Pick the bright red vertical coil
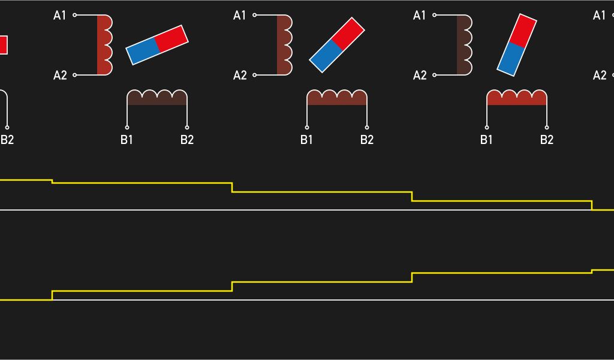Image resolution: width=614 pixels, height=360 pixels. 104,45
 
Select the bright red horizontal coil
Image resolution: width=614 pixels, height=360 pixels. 517,98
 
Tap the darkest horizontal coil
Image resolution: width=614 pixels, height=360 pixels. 157,98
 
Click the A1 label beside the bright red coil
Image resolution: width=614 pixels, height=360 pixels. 60,16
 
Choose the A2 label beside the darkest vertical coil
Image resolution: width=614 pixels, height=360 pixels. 420,75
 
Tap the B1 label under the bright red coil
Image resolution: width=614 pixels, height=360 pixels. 486,140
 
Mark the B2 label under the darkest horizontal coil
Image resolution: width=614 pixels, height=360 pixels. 187,140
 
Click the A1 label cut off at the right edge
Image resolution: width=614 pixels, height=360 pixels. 599,16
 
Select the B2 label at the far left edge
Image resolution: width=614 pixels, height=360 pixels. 7,140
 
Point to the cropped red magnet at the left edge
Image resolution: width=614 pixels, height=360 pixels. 3,45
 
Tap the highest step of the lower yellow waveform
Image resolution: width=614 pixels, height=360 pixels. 603,270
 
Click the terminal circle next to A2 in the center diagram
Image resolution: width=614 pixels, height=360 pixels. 254,75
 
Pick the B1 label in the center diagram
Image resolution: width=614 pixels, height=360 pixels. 306,140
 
